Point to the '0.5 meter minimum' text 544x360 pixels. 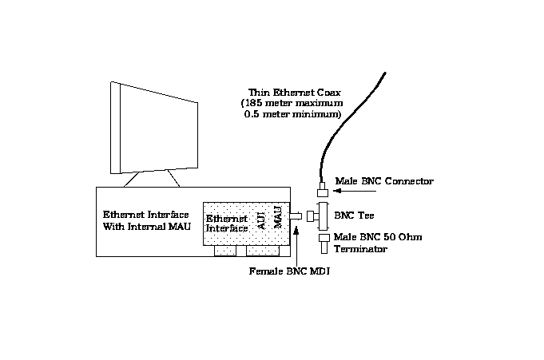click(x=292, y=115)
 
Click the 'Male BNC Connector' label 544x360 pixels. click(x=384, y=181)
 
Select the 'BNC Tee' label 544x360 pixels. click(x=352, y=216)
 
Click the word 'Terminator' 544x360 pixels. click(x=361, y=249)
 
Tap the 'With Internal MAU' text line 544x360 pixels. click(x=146, y=227)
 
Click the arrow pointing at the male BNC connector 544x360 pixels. click(x=355, y=192)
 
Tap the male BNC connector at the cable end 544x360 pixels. click(x=323, y=192)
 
